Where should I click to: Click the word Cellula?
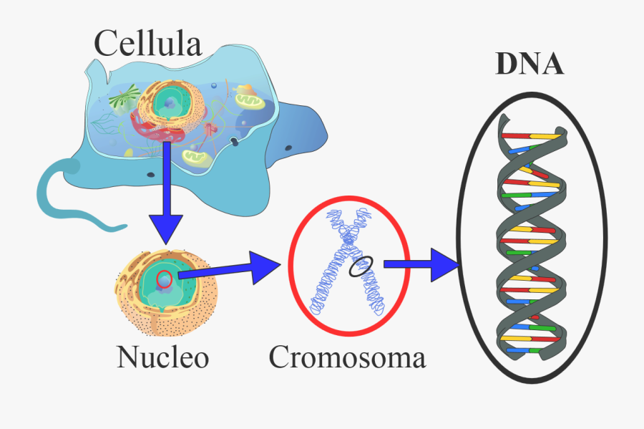point(148,44)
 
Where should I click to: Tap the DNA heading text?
point(530,64)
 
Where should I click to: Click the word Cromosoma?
point(347,356)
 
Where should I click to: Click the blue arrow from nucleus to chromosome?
point(229,269)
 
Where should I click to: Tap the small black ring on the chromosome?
point(361,267)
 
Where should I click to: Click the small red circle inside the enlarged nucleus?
point(164,280)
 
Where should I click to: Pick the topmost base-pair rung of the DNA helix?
point(530,135)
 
